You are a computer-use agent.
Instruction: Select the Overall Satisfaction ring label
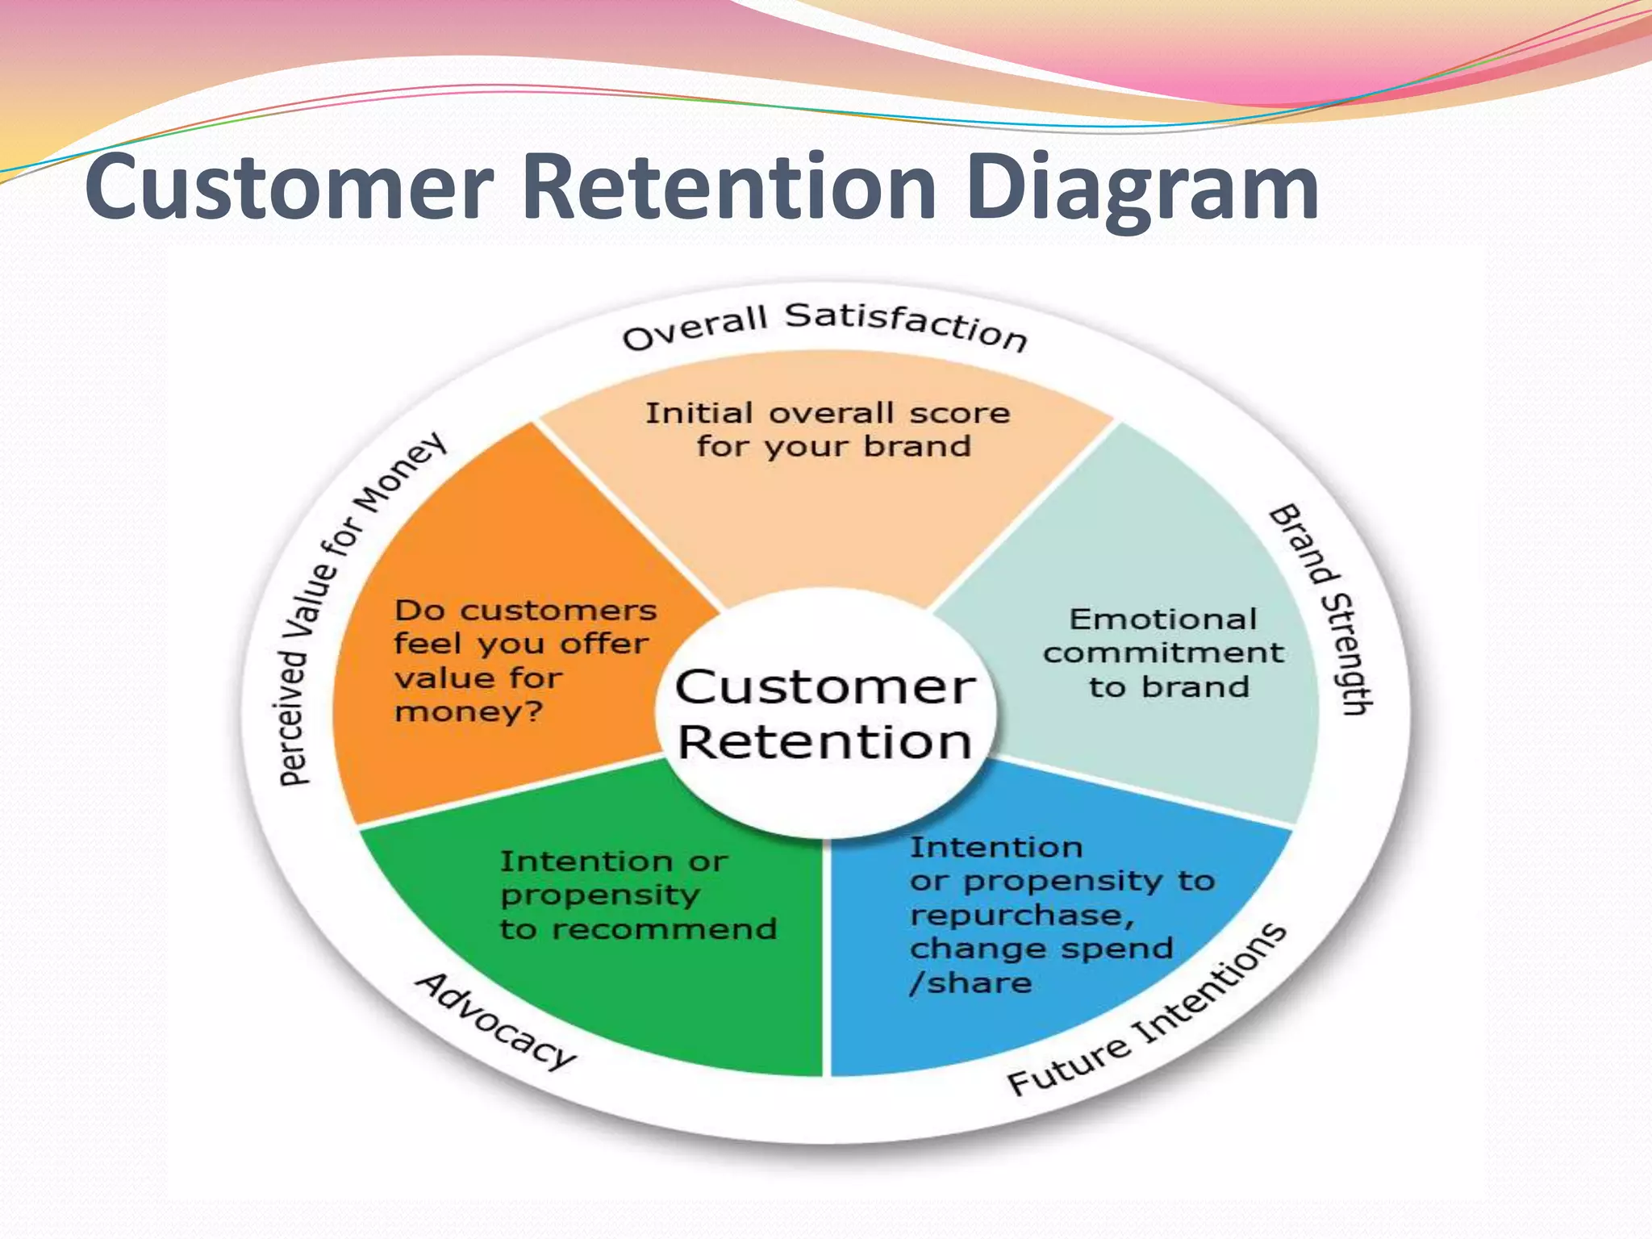tap(825, 326)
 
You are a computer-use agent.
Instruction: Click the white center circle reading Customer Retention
tap(825, 714)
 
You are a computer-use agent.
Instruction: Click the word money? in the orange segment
tap(469, 712)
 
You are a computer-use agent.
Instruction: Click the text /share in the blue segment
tap(970, 983)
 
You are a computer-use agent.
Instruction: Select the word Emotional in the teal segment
tap(1162, 619)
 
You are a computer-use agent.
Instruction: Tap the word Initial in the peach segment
tap(699, 413)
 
